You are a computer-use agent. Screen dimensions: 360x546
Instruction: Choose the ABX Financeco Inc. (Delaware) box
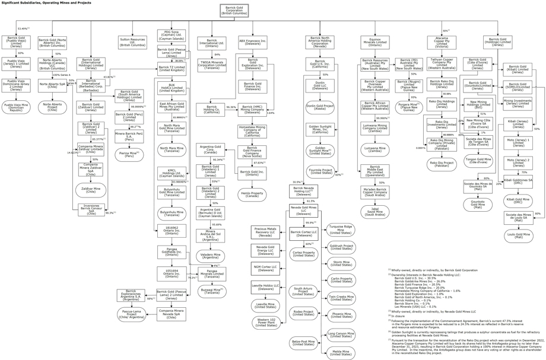[x=253, y=42]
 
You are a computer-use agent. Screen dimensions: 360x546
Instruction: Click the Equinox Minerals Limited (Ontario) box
[x=374, y=42]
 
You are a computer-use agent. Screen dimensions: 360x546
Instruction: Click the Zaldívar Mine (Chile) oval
[x=90, y=190]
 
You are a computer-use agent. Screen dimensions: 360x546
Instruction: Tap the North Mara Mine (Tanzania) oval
[x=172, y=148]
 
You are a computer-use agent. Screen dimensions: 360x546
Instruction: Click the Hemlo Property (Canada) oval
[x=253, y=194]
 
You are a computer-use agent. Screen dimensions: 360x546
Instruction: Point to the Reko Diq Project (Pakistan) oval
[x=442, y=163]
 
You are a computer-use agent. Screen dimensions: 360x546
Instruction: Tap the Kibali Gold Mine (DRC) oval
[x=518, y=200]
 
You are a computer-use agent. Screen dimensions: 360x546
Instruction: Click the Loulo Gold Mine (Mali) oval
[x=518, y=235]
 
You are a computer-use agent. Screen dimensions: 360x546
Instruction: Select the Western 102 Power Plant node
[x=265, y=321]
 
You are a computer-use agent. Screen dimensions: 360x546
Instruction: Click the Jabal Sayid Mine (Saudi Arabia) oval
[x=374, y=211]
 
